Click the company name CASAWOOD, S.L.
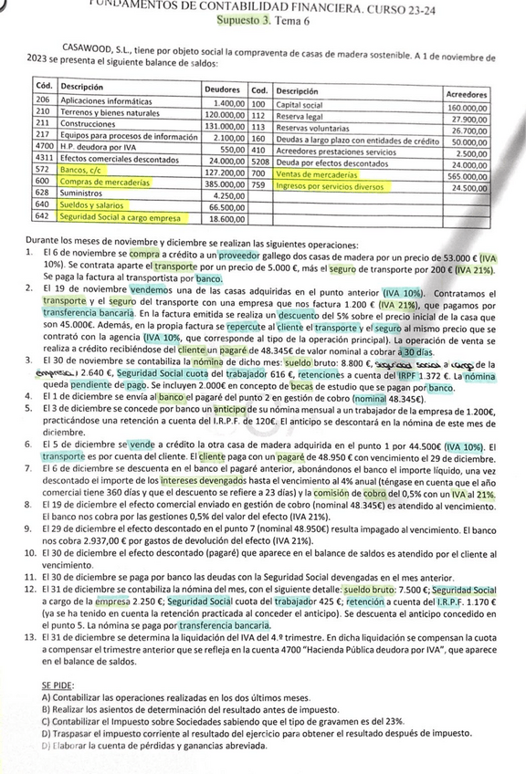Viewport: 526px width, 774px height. pos(102,45)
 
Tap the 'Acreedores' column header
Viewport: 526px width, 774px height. pos(466,94)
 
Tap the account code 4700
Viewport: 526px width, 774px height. pos(44,147)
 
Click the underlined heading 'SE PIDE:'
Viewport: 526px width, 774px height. pos(59,684)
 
